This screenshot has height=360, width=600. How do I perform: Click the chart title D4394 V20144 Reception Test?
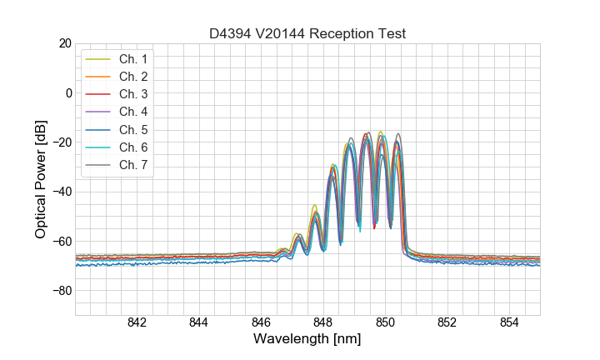pyautogui.click(x=307, y=34)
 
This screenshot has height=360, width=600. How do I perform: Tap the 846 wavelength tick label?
pyautogui.click(x=261, y=324)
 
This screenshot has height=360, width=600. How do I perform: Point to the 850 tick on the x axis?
pyautogui.click(x=385, y=324)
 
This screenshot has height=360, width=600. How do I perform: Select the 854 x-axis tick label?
pyautogui.click(x=509, y=324)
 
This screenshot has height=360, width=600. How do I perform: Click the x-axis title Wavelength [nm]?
pyautogui.click(x=307, y=340)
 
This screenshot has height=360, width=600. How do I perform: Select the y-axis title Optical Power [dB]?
pyautogui.click(x=41, y=178)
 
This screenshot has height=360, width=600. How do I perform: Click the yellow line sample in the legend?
pyautogui.click(x=99, y=59)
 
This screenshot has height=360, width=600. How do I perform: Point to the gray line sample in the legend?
pyautogui.click(x=99, y=164)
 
